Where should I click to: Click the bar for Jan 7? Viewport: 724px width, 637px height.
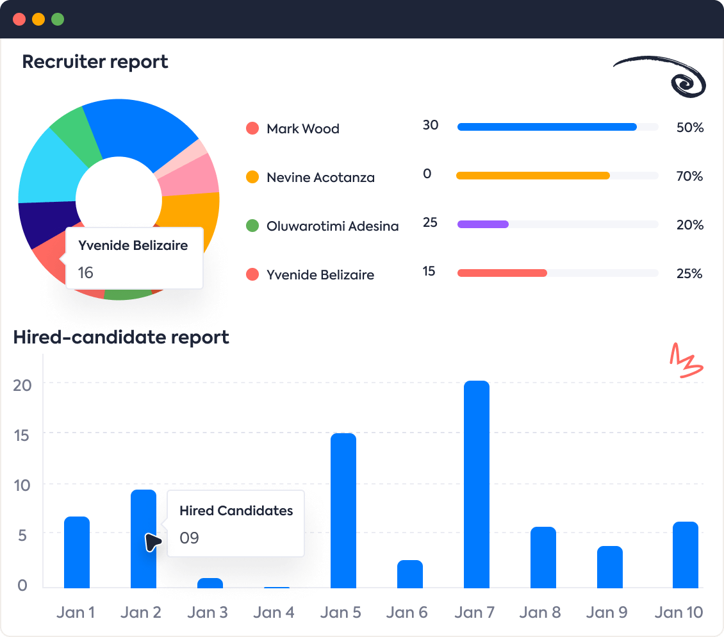pos(476,484)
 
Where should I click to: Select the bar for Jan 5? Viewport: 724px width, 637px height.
pos(343,511)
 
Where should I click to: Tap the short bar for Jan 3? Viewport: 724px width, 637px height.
pos(210,583)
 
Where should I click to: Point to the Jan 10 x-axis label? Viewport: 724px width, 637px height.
pos(679,612)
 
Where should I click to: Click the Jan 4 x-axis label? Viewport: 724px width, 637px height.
pos(274,612)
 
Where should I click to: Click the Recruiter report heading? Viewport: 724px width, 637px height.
pos(95,62)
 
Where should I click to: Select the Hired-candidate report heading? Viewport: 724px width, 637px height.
pos(121,337)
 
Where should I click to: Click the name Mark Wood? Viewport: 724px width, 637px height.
pos(302,129)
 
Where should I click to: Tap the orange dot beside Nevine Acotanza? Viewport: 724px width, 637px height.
pos(252,178)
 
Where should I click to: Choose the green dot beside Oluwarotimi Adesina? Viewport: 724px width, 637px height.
pos(252,226)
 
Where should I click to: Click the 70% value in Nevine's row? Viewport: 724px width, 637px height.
pos(689,176)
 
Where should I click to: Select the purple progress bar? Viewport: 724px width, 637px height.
pos(482,224)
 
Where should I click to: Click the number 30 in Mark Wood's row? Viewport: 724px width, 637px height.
pos(431,125)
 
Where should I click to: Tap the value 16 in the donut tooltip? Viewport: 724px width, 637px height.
pos(86,273)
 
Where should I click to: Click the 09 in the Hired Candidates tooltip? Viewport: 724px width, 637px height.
pos(189,538)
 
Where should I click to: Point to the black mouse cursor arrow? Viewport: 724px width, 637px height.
pos(152,543)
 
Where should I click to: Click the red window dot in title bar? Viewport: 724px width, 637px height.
pos(19,19)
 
